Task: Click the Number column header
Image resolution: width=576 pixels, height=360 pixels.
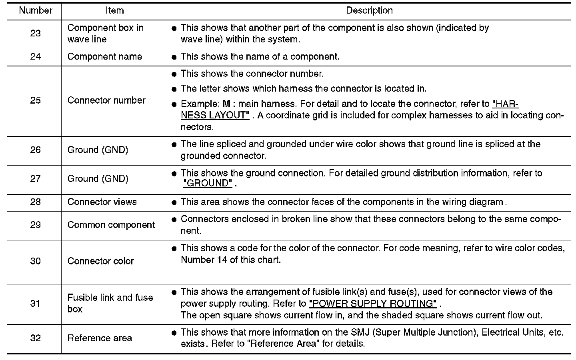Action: click(35, 11)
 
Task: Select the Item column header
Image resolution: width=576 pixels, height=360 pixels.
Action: click(114, 11)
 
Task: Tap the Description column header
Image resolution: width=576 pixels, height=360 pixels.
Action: click(369, 11)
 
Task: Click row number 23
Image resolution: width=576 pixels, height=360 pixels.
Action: click(35, 34)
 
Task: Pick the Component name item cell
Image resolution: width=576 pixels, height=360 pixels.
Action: click(104, 57)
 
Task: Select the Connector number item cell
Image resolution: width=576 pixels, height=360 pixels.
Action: click(106, 100)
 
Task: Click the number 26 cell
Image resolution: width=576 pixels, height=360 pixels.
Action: click(35, 150)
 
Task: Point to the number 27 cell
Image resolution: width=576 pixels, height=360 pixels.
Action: click(35, 179)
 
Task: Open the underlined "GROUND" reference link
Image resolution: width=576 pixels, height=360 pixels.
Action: click(208, 184)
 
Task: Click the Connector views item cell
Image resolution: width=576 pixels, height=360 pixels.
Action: click(102, 202)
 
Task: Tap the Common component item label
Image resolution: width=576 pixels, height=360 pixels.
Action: click(111, 225)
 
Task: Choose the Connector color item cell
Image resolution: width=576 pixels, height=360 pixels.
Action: click(100, 261)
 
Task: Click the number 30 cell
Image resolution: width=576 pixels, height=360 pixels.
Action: click(35, 261)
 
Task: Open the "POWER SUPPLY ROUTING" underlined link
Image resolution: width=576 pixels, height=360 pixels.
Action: click(372, 304)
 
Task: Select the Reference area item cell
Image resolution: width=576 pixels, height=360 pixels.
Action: click(100, 338)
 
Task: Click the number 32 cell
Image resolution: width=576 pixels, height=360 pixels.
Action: click(35, 338)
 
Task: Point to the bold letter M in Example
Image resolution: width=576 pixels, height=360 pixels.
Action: click(226, 104)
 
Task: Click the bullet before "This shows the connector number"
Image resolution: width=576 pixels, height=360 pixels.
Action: click(174, 74)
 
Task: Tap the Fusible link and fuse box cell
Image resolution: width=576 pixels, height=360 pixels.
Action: click(110, 303)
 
